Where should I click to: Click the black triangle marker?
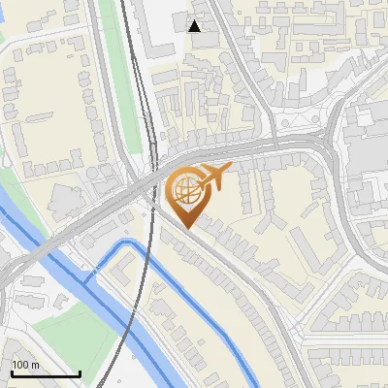point(195,25)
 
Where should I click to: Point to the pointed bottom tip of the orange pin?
point(188,229)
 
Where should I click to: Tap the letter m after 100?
point(35,365)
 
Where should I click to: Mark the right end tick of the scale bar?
point(80,373)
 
